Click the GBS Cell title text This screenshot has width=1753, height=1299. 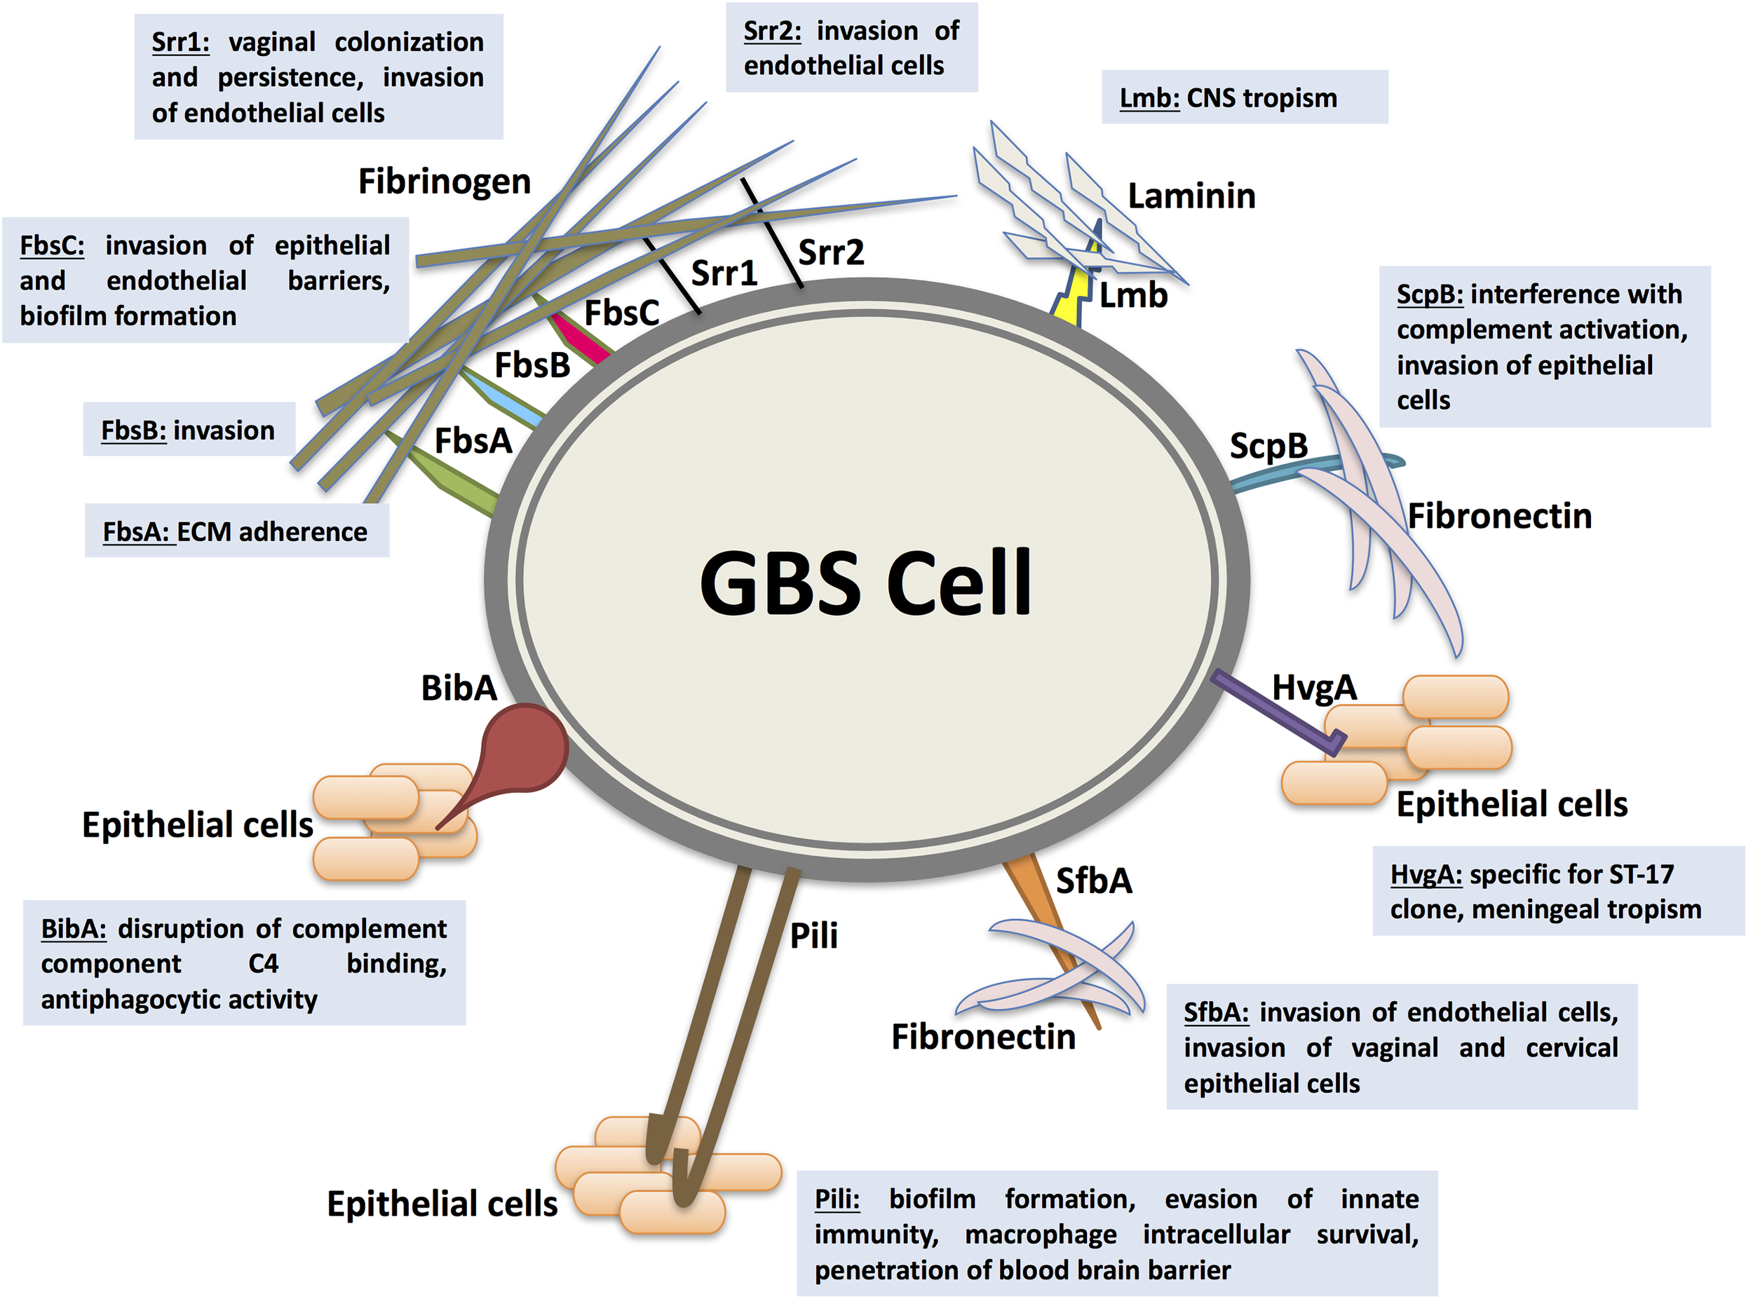click(x=865, y=583)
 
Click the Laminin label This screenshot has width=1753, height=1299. click(x=1191, y=196)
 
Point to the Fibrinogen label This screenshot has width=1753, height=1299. click(x=445, y=182)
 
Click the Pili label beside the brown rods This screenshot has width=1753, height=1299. click(x=813, y=936)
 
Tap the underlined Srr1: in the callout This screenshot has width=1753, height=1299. click(x=180, y=41)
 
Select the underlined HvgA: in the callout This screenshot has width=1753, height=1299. click(x=1425, y=874)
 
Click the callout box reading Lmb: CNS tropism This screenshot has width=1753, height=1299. click(x=1244, y=97)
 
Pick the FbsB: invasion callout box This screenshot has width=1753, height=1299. click(x=189, y=430)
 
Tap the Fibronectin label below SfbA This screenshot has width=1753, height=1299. click(x=983, y=1037)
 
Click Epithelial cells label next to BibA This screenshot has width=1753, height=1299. click(x=198, y=826)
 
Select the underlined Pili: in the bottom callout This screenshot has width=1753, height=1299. click(x=837, y=1199)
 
